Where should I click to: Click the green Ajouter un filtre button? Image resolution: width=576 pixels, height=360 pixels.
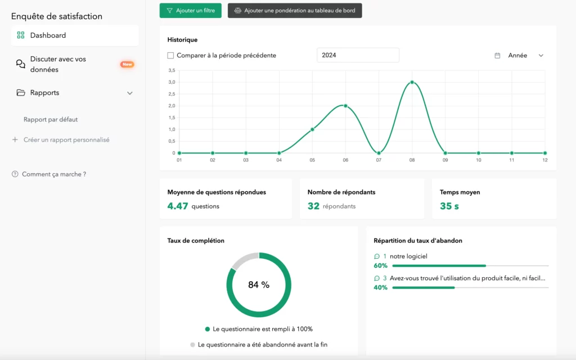click(190, 11)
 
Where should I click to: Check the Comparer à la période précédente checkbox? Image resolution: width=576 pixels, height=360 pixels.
click(170, 56)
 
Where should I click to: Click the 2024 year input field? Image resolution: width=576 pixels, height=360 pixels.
click(358, 55)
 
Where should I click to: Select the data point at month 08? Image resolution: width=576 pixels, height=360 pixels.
click(412, 82)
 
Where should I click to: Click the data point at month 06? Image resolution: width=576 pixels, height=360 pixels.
click(345, 106)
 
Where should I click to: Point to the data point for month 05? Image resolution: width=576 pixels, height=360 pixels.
click(312, 129)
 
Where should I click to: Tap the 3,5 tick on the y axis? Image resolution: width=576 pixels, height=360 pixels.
click(172, 70)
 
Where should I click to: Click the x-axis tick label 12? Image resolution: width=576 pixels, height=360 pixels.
click(544, 160)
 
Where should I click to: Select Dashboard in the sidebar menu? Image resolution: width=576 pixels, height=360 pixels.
click(48, 35)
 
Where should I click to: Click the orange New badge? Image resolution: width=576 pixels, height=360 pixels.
click(127, 64)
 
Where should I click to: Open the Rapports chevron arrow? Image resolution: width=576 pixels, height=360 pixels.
click(130, 93)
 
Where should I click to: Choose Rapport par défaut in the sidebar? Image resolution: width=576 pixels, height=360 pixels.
click(51, 119)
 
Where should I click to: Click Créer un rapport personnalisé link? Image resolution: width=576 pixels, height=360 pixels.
click(66, 139)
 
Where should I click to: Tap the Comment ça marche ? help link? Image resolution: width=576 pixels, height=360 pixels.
click(54, 174)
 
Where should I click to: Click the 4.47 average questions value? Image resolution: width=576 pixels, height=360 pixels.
click(178, 206)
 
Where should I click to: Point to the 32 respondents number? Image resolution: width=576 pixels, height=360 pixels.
click(313, 206)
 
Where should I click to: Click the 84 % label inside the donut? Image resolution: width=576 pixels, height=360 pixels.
click(259, 285)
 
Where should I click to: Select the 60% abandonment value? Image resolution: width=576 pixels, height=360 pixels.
click(381, 265)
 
